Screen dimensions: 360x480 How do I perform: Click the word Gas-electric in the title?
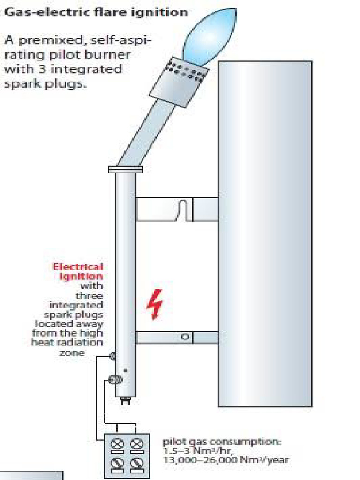pyautogui.click(x=47, y=13)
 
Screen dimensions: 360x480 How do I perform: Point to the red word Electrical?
pyautogui.click(x=78, y=267)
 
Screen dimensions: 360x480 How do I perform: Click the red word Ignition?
pyautogui.click(x=81, y=277)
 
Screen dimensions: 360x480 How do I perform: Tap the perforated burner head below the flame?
pyautogui.click(x=179, y=82)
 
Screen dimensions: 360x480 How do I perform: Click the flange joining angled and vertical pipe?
pyautogui.click(x=126, y=169)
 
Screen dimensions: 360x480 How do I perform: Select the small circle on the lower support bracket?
pyautogui.click(x=185, y=337)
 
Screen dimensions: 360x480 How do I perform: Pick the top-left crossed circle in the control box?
pyautogui.click(x=117, y=443)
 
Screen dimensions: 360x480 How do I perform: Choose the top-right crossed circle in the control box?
pyautogui.click(x=137, y=443)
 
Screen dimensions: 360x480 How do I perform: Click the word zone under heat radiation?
pyautogui.click(x=72, y=352)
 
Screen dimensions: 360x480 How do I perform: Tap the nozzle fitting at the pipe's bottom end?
pyautogui.click(x=126, y=401)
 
